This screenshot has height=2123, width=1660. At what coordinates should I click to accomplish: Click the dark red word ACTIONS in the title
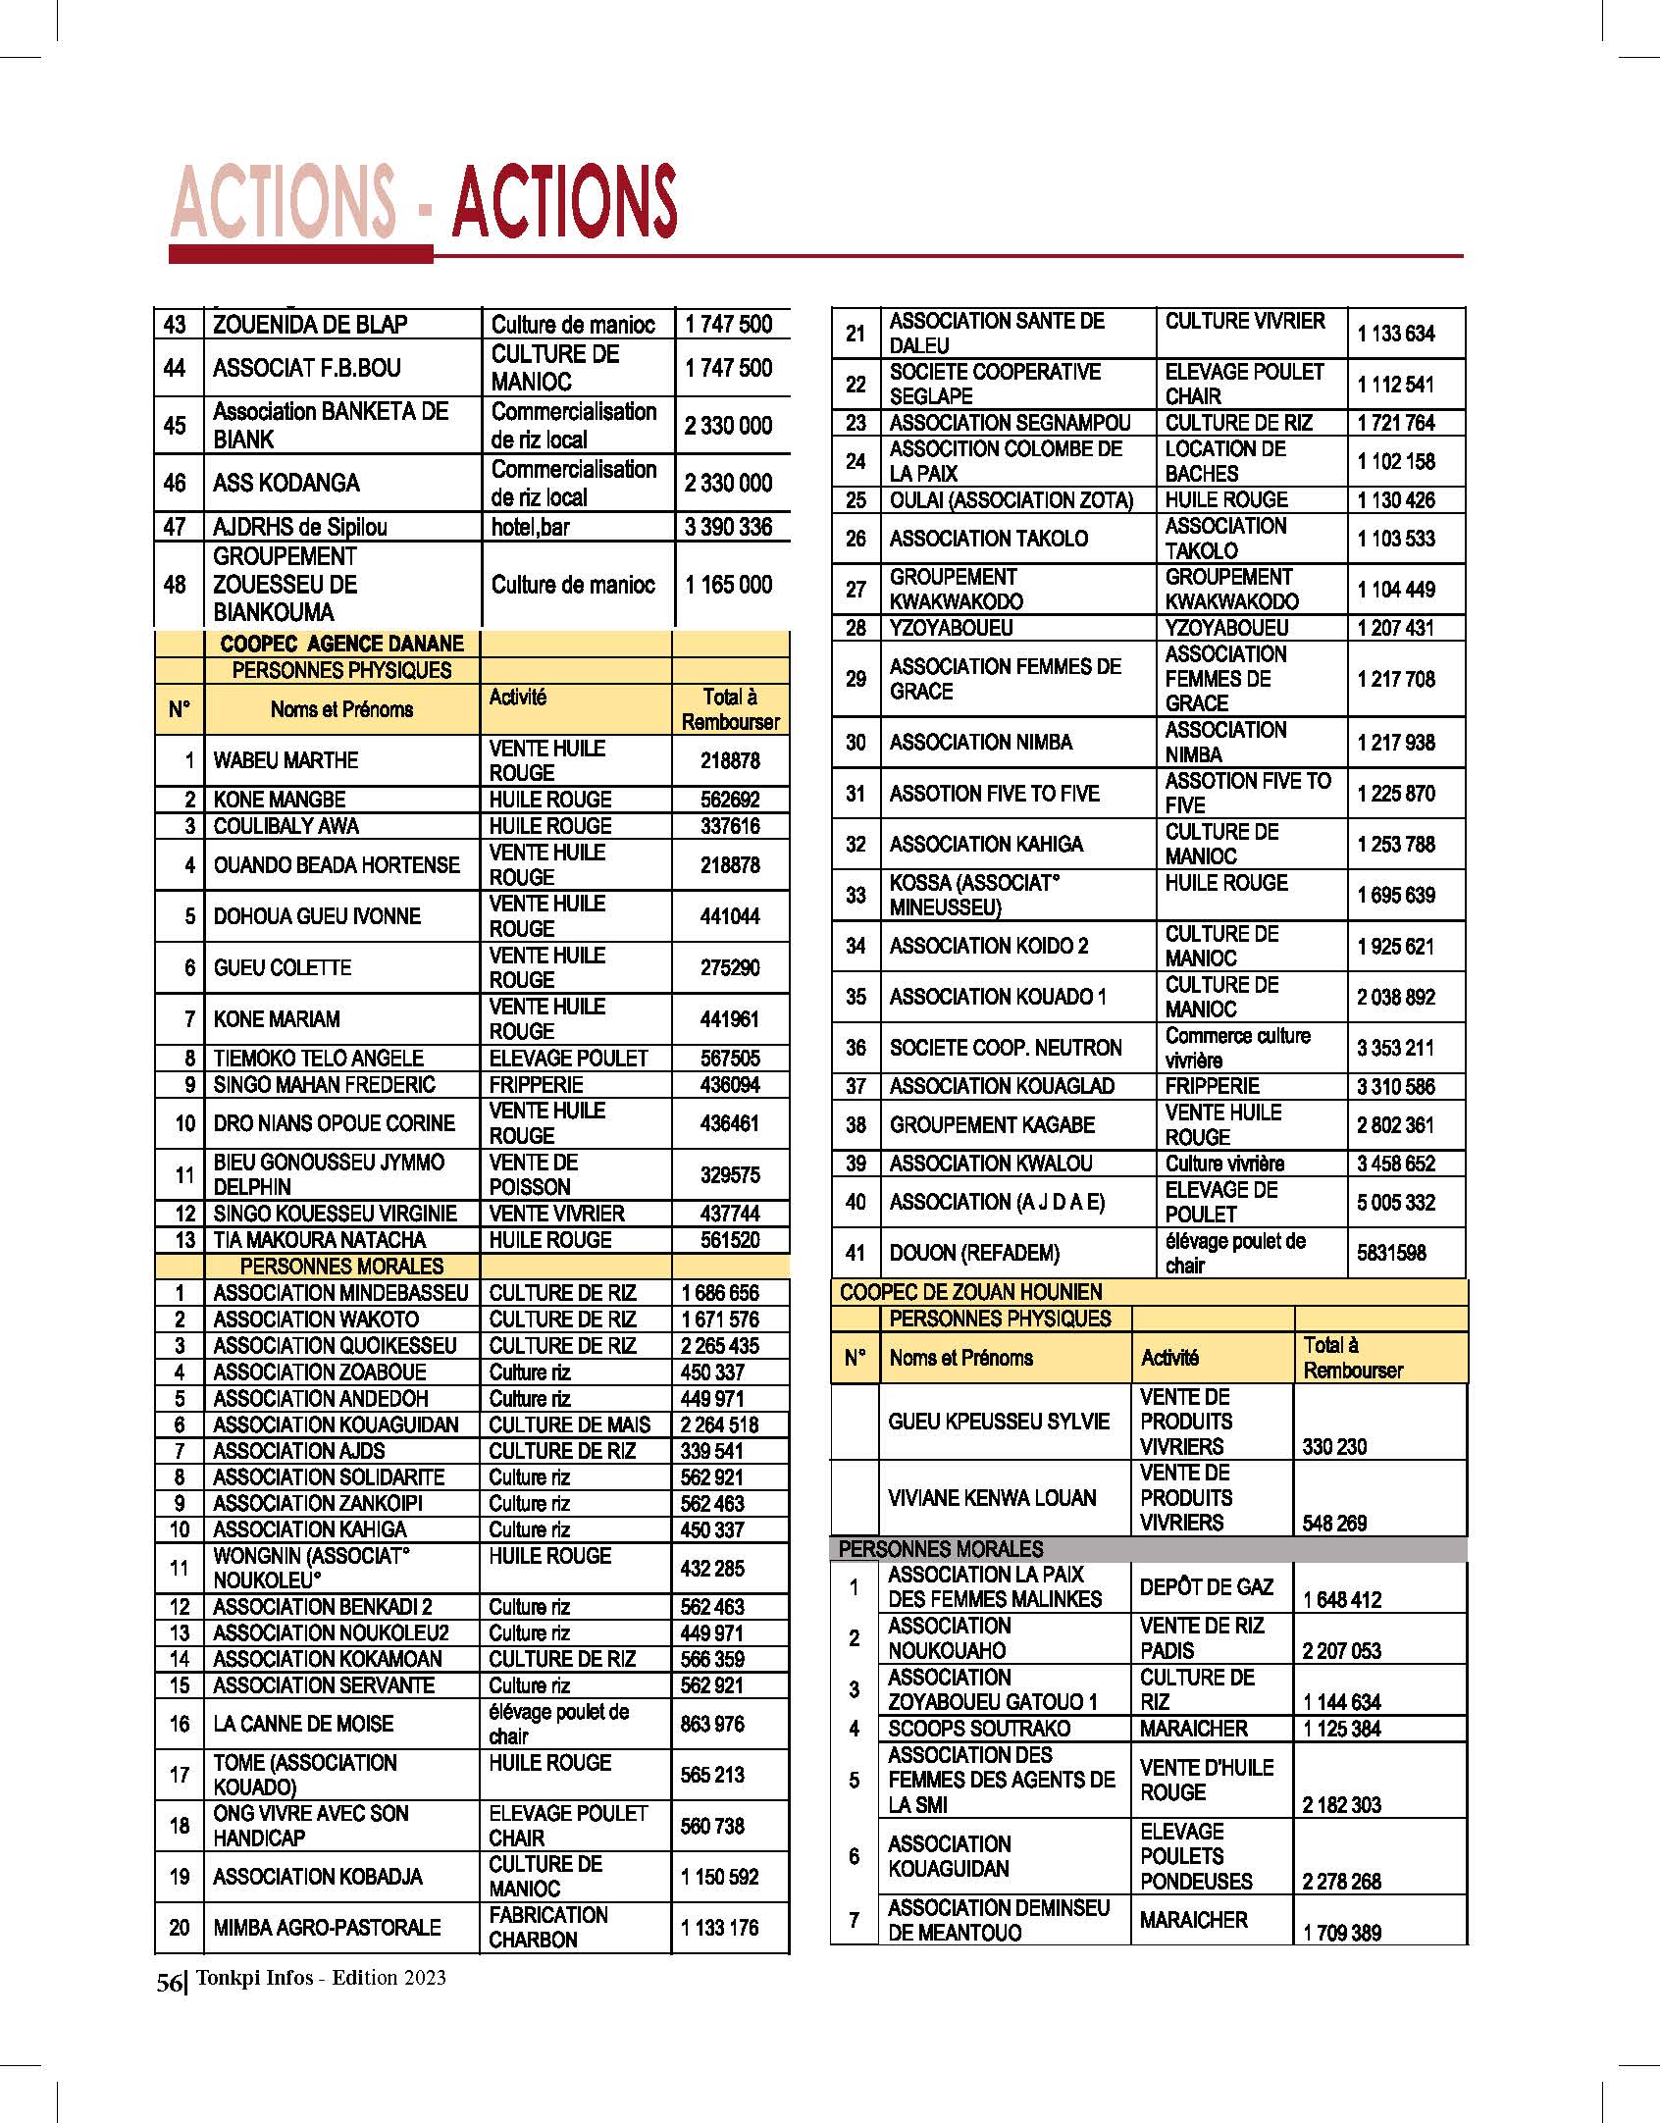tap(564, 201)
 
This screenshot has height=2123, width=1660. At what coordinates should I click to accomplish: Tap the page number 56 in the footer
tap(168, 1983)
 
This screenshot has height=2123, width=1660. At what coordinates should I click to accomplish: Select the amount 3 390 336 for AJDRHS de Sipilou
tap(728, 527)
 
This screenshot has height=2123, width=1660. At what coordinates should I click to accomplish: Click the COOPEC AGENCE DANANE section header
tap(341, 644)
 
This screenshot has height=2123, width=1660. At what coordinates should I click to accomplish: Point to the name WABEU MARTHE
tap(285, 760)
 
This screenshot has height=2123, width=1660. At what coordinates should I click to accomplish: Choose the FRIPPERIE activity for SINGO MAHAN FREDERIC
tap(536, 1084)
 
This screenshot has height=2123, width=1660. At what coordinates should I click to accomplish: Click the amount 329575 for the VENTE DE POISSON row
tap(729, 1174)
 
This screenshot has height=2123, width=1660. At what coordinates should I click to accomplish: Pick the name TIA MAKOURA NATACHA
tap(319, 1239)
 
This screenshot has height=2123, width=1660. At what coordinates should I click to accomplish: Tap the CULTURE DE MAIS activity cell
tap(569, 1424)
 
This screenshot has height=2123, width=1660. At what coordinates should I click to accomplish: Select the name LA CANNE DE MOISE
tap(303, 1724)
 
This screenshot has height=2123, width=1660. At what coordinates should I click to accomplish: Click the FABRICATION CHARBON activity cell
tap(547, 1927)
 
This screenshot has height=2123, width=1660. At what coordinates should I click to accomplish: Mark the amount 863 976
tap(712, 1724)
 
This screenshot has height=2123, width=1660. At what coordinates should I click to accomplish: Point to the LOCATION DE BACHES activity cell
tap(1224, 461)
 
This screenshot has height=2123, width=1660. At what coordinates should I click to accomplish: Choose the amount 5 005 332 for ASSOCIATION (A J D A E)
tap(1395, 1202)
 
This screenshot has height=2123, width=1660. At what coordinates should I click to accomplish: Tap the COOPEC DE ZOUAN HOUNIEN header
tap(970, 1292)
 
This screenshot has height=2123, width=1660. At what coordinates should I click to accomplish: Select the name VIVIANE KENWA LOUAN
tap(992, 1498)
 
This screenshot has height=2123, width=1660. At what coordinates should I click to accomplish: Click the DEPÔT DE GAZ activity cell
tap(1206, 1586)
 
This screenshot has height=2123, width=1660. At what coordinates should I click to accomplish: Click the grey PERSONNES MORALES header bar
tap(1148, 1549)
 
